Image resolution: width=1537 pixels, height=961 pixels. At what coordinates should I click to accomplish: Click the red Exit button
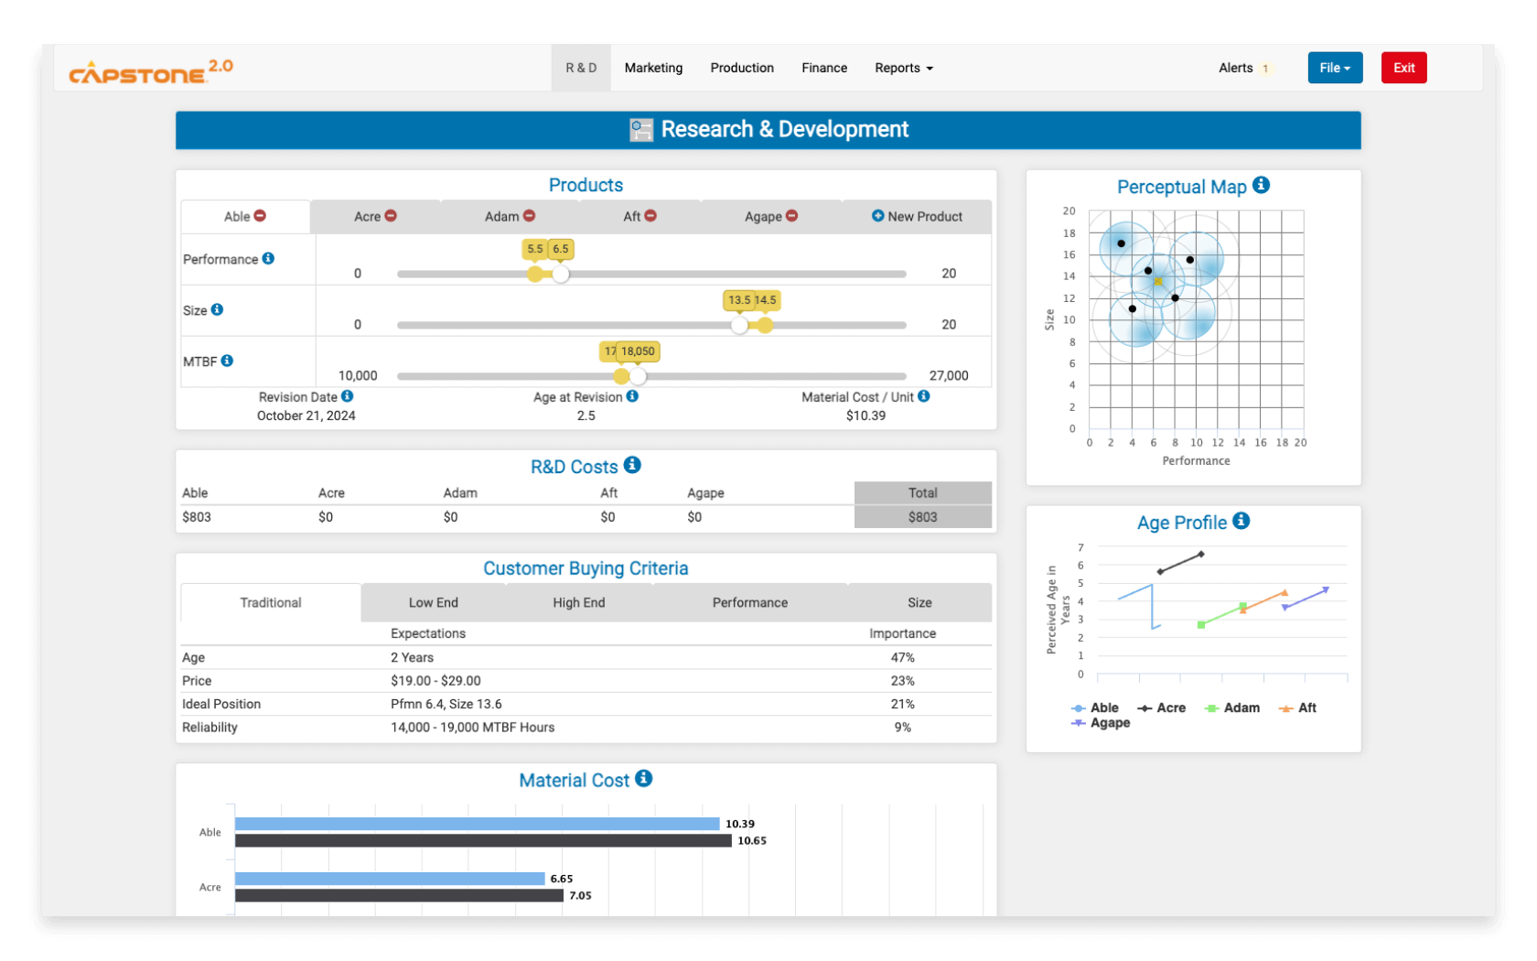(1403, 68)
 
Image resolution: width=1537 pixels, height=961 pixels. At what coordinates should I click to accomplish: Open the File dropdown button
(1335, 68)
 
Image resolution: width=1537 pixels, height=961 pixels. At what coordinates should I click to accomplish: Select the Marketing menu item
(653, 68)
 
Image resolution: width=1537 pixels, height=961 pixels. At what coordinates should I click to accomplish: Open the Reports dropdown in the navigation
(903, 68)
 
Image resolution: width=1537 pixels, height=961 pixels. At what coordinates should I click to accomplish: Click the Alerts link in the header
(1235, 68)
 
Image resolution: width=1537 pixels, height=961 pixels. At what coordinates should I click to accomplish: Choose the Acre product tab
(375, 217)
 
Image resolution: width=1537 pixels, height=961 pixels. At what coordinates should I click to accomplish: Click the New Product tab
(917, 217)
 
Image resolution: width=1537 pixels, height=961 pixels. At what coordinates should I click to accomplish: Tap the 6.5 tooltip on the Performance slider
(561, 249)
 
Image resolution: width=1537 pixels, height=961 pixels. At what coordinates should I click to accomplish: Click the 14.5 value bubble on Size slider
(767, 300)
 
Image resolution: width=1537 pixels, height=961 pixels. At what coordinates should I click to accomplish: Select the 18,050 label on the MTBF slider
(639, 351)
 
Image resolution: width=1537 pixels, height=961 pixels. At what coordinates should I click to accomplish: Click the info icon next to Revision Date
(348, 396)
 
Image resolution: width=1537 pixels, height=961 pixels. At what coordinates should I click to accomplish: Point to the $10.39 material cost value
(865, 416)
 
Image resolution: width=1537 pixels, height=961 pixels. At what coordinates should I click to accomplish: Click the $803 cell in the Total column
(922, 517)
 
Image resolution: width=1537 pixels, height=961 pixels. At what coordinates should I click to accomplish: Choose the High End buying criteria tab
(578, 603)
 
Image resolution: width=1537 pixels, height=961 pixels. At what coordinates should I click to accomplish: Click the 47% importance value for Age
(902, 658)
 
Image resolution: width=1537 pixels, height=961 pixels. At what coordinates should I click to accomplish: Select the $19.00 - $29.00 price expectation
(435, 681)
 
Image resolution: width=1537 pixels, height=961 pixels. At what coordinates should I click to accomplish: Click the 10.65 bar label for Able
(752, 841)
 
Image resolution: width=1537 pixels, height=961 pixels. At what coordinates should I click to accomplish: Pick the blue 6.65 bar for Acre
(390, 879)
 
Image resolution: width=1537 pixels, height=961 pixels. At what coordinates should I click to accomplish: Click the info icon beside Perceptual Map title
(1261, 185)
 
